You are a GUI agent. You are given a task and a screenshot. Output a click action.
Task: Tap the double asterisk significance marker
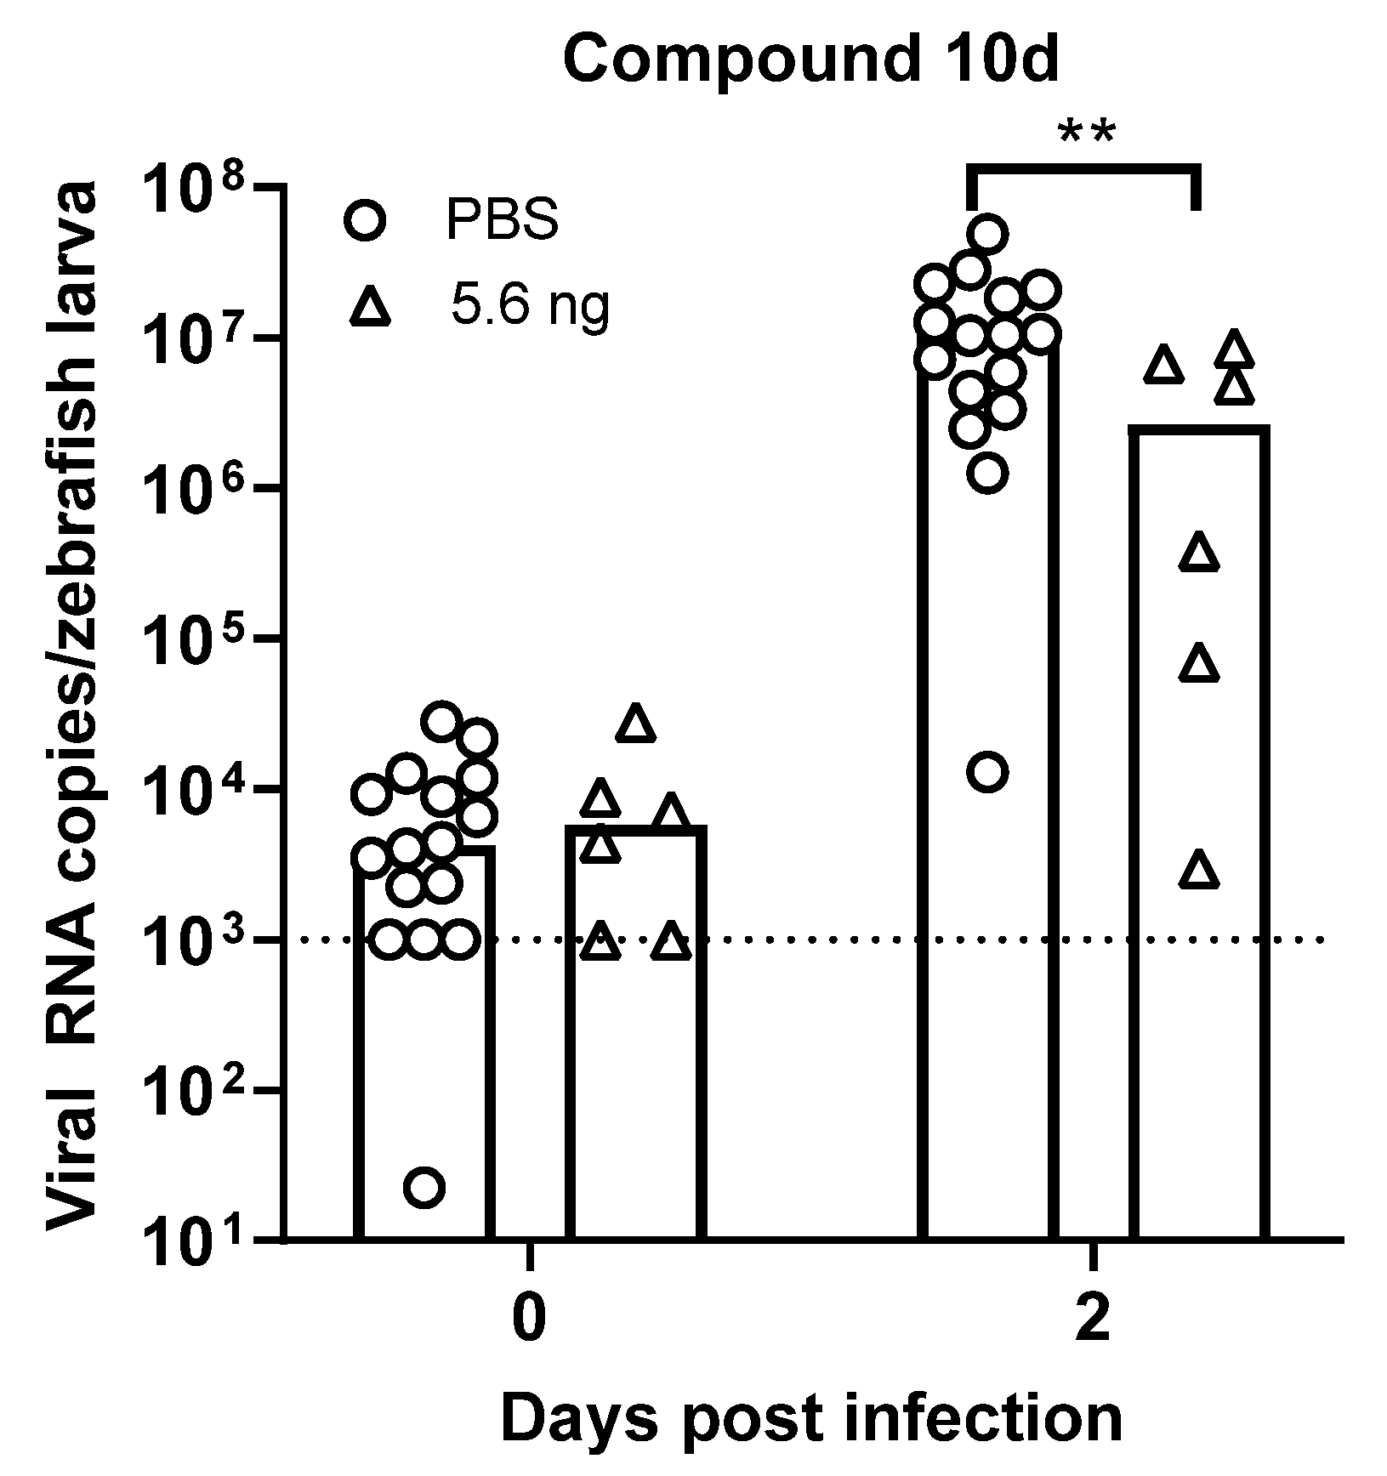coord(1085,135)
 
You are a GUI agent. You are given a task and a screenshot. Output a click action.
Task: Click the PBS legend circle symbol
coord(366,219)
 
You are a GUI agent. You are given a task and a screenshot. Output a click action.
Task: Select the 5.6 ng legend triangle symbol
coord(369,306)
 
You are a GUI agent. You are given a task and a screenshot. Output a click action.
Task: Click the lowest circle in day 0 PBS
coord(424,1187)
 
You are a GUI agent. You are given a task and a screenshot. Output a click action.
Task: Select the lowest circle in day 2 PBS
coord(987,772)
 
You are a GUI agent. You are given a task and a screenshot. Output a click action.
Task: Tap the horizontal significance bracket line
coord(1083,169)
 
